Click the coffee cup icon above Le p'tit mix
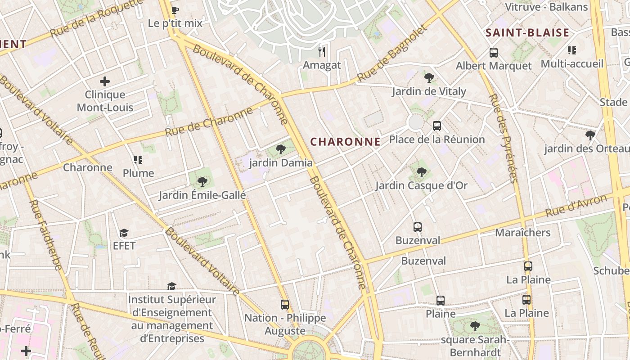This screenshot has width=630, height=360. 175,10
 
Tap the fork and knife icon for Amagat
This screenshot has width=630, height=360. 322,51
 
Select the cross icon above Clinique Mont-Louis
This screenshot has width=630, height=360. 105,81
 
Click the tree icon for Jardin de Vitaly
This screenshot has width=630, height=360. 429,78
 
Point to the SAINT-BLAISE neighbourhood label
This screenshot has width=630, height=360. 527,32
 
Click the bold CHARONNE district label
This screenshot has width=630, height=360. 345,142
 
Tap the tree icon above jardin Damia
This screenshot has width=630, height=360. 281,149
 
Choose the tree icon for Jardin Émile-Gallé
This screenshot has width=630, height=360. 202,182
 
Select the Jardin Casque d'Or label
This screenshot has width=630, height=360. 421,185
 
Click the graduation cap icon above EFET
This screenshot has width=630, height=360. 124,233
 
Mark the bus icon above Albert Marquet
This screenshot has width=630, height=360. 494,53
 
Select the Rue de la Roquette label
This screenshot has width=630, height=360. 96,18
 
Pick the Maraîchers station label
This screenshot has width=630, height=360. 522,233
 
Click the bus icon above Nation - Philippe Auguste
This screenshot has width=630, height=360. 285,305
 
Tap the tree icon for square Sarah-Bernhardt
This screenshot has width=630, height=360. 474,326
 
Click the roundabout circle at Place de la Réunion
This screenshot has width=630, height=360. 415,122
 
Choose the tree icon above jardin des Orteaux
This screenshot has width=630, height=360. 590,135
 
